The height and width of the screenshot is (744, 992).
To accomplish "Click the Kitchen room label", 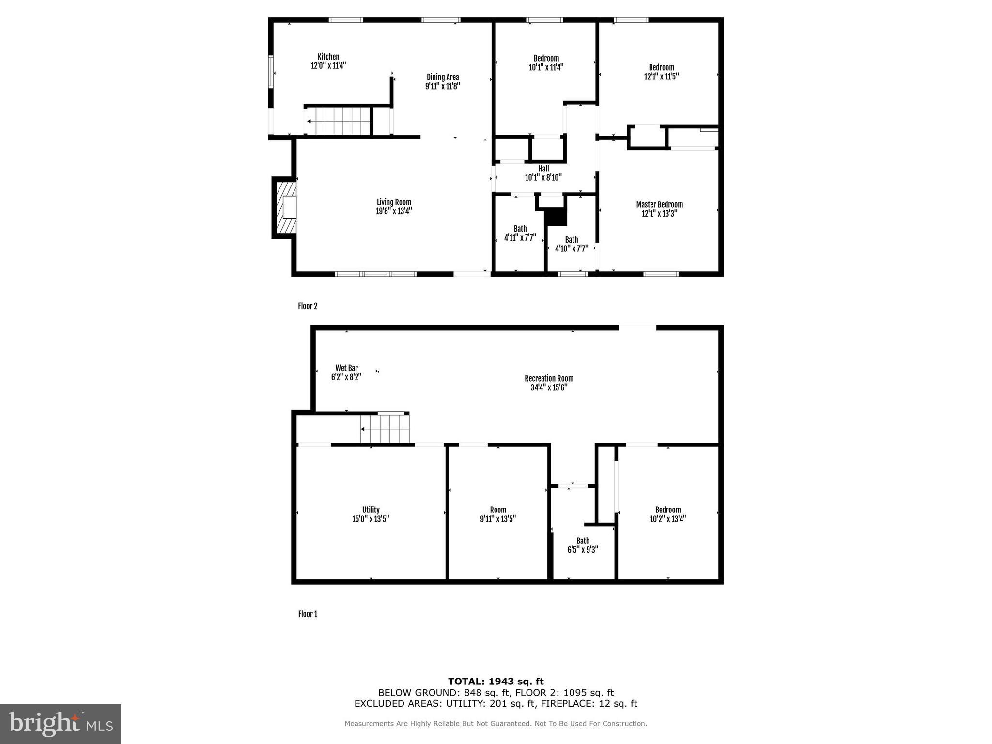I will [x=328, y=57].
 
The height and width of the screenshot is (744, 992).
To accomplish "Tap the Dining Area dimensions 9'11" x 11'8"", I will [x=442, y=86].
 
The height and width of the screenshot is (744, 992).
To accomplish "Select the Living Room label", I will [x=394, y=202].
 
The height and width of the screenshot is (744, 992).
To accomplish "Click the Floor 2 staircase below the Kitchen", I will [x=338, y=121].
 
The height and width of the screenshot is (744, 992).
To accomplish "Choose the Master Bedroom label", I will [x=659, y=204].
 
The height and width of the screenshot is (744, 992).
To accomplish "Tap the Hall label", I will [x=543, y=169].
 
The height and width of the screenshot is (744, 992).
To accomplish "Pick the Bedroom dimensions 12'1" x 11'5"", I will [x=661, y=77].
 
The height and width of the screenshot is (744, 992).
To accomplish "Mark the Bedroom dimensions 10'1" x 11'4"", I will [x=546, y=67].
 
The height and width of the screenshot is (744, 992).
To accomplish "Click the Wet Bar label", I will [x=346, y=368].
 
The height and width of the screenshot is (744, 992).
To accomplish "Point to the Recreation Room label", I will [x=549, y=378].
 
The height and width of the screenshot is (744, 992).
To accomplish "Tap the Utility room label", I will [x=371, y=510].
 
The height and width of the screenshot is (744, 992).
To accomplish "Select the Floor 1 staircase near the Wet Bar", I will [x=385, y=429].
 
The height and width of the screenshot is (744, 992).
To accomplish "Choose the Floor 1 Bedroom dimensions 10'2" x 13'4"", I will [x=667, y=519].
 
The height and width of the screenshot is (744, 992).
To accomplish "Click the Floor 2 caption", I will [x=308, y=306].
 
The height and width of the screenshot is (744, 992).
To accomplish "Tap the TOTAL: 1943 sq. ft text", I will [x=496, y=682].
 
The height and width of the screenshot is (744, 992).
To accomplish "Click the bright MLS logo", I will [x=61, y=724].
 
